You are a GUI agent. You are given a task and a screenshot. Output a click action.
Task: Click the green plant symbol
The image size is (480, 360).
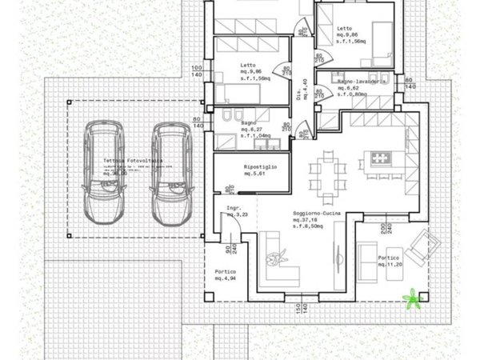click(x=413, y=300)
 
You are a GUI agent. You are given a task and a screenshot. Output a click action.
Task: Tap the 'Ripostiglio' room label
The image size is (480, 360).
click(x=260, y=170)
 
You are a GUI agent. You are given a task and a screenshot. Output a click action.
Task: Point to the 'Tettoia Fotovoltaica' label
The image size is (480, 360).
click(x=132, y=161)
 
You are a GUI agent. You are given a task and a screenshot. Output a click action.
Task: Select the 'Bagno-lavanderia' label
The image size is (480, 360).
click(x=362, y=82)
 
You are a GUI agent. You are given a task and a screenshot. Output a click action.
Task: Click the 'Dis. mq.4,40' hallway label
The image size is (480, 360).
click(x=302, y=83)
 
